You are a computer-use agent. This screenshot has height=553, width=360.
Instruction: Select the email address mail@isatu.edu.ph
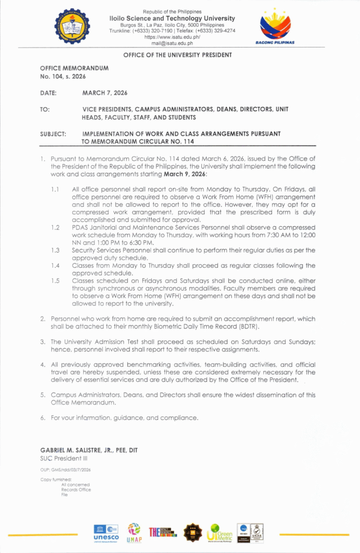(x=172, y=43)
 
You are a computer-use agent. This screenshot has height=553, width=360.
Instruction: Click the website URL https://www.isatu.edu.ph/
(x=172, y=37)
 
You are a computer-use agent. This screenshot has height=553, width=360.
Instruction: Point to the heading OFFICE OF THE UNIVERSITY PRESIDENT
(x=178, y=55)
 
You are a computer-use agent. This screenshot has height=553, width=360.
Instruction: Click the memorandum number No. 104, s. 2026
(x=59, y=77)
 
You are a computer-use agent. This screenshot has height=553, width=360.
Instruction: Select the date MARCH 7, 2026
(x=105, y=93)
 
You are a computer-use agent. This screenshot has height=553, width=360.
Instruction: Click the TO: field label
(x=45, y=109)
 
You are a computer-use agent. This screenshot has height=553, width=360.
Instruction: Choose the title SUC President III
(x=60, y=458)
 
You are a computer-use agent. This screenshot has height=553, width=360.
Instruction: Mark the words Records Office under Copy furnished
(x=76, y=490)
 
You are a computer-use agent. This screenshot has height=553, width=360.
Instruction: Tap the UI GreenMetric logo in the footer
(x=220, y=532)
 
